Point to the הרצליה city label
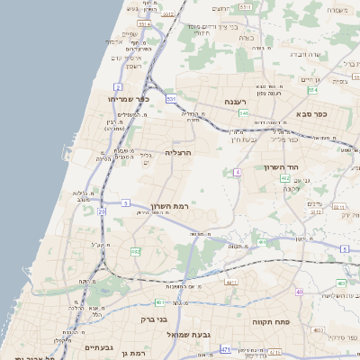coord(179,153)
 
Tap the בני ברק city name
coord(155,319)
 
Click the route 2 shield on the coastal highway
coord(119,87)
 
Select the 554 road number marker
coord(246,6)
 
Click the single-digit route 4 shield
coord(238,171)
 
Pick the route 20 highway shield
coord(102,211)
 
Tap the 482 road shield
coord(135,251)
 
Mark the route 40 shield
coord(299,292)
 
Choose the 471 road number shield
coord(225,348)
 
